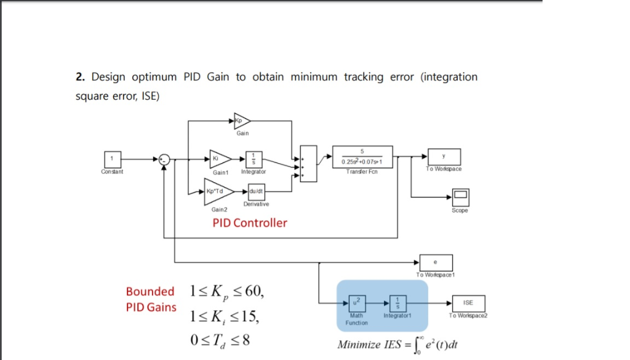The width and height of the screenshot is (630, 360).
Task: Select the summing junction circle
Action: click(164, 159)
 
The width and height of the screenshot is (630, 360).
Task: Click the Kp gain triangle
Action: click(241, 121)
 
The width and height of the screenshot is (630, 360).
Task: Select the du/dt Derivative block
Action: click(255, 192)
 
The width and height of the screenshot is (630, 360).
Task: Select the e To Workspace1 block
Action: click(436, 262)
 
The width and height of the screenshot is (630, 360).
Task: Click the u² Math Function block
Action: click(357, 303)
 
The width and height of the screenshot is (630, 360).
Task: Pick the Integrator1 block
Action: click(397, 303)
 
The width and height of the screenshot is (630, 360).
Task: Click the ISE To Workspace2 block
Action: click(468, 303)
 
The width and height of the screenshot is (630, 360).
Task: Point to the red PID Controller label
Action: click(250, 223)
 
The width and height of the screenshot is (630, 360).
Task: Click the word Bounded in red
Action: click(150, 292)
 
